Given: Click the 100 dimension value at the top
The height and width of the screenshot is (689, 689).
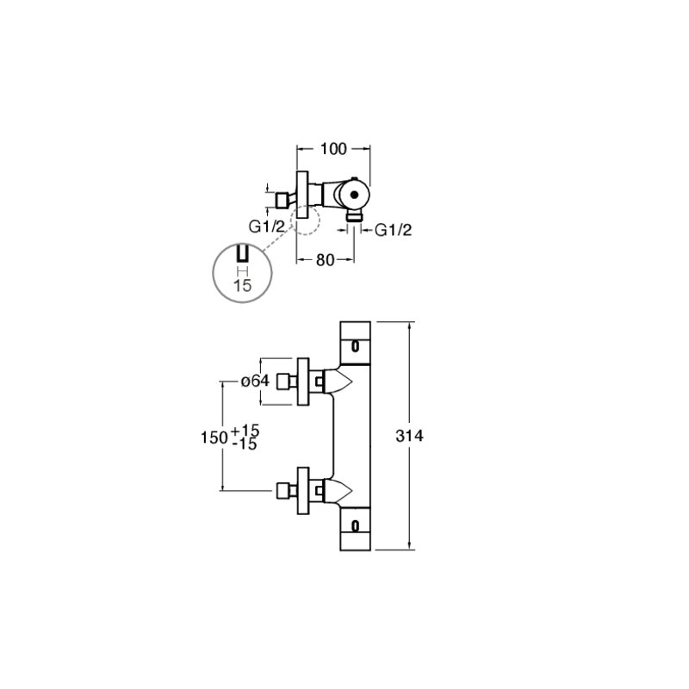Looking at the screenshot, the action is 333,149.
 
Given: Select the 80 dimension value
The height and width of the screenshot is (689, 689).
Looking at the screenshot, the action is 326,260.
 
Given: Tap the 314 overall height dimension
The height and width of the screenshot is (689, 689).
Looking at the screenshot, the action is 410,436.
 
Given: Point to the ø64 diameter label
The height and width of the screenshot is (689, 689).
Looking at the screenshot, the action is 255,381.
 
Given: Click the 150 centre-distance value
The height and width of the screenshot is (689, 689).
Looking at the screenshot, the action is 214,438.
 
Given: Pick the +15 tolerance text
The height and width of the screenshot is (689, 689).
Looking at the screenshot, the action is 245,431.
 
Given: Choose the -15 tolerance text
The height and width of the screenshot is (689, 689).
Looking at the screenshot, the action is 245,444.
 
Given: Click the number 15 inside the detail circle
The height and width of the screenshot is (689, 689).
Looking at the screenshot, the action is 243,286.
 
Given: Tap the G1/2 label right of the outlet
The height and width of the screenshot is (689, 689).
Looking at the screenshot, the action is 394,230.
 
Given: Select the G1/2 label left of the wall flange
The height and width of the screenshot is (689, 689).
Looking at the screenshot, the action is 267,227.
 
